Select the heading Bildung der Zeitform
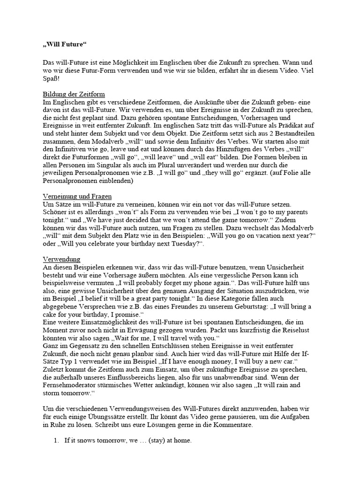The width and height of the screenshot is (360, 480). [x=74, y=94]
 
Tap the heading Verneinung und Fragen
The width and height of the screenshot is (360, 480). [x=77, y=196]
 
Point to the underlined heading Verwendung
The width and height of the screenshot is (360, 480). [x=61, y=259]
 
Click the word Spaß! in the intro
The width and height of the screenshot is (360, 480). [x=52, y=78]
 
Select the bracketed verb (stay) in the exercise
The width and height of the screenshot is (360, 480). [x=150, y=442]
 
